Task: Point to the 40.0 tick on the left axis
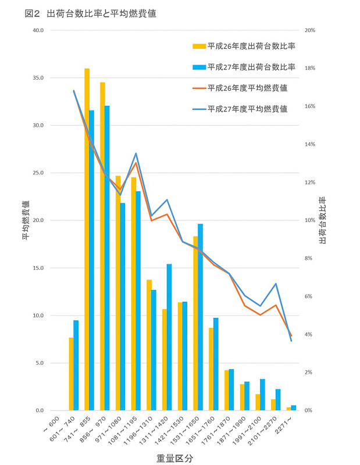(x=52, y=30)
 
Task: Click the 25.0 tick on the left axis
(x=52, y=173)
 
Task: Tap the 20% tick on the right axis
(x=309, y=30)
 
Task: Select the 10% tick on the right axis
(x=309, y=220)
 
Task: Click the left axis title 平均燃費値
(x=26, y=220)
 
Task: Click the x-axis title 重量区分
(x=174, y=457)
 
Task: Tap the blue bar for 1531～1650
(x=200, y=317)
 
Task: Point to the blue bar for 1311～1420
(x=169, y=337)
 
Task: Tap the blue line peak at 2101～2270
(x=276, y=284)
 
